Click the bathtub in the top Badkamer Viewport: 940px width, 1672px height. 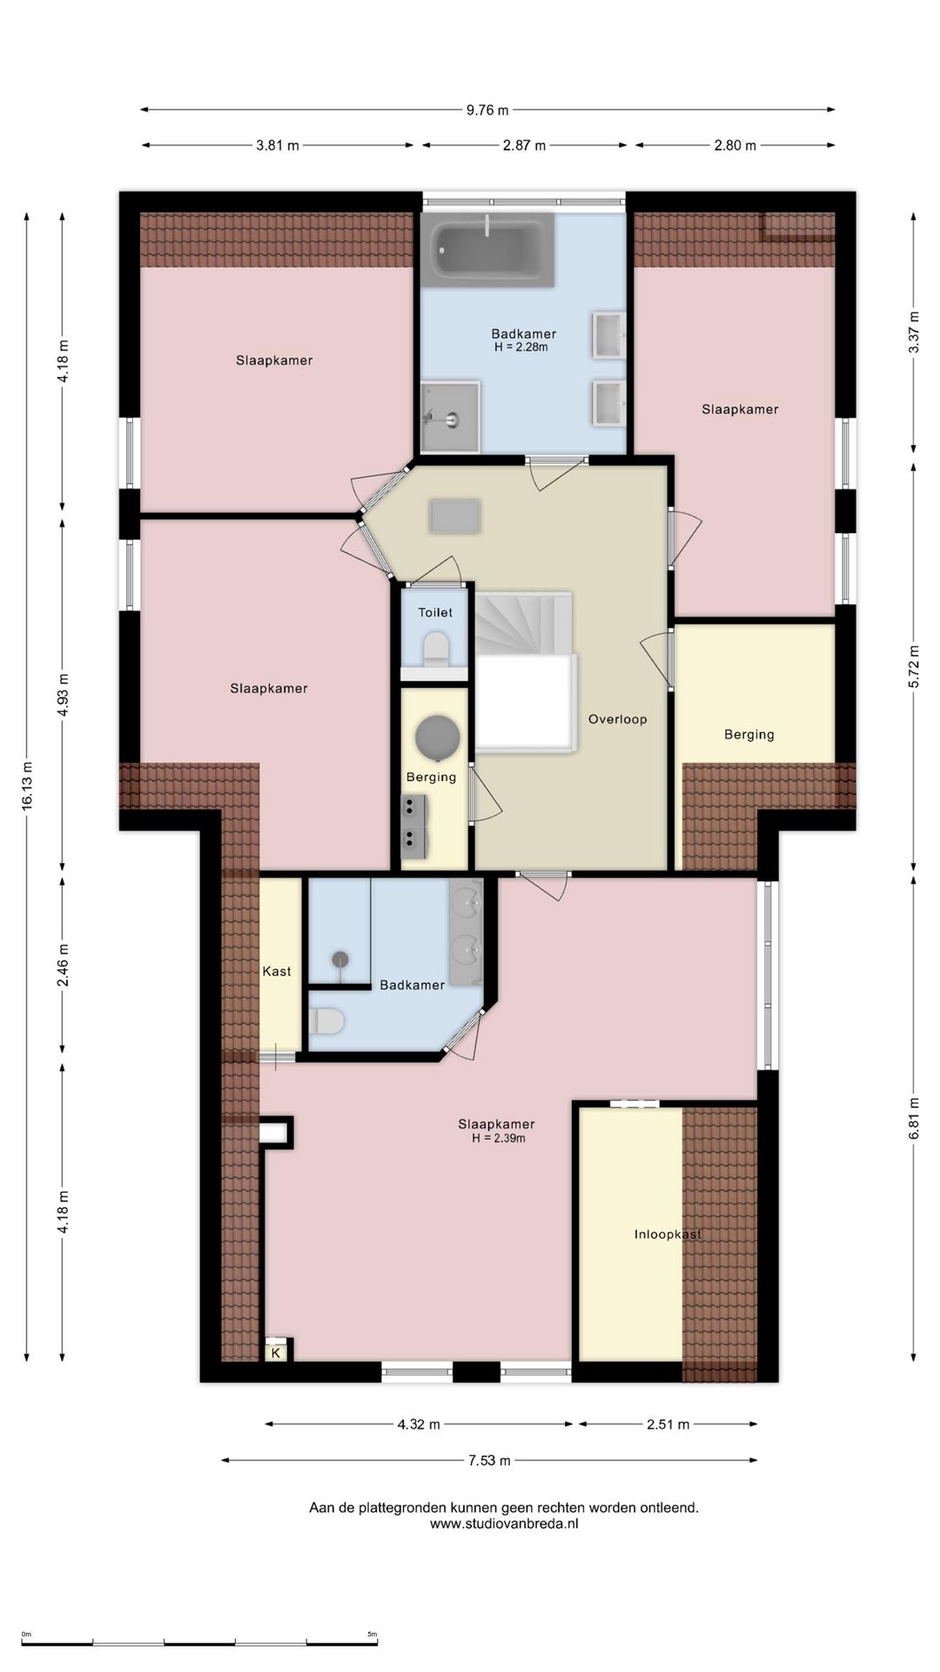click(x=487, y=250)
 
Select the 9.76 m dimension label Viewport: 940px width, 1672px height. click(x=487, y=110)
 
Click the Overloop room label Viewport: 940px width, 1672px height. click(x=617, y=719)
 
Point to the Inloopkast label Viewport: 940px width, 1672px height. click(x=668, y=1234)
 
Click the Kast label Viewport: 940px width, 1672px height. click(x=277, y=971)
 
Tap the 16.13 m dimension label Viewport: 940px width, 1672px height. click(x=27, y=787)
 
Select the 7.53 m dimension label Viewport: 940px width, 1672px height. click(x=489, y=1460)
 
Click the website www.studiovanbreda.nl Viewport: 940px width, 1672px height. click(x=504, y=1523)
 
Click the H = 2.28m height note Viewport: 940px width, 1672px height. click(x=521, y=347)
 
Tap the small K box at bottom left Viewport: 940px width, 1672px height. click(x=276, y=1352)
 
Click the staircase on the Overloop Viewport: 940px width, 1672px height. click(x=523, y=671)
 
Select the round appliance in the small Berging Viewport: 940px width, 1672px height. click(x=437, y=738)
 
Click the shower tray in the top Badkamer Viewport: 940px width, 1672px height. click(x=450, y=417)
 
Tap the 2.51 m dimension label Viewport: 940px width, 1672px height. click(x=668, y=1425)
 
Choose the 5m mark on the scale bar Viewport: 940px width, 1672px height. click(x=372, y=1635)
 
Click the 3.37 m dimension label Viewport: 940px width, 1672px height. click(x=914, y=332)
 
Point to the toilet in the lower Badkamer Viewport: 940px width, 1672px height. click(x=326, y=1021)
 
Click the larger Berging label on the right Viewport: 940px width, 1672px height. click(x=749, y=734)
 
